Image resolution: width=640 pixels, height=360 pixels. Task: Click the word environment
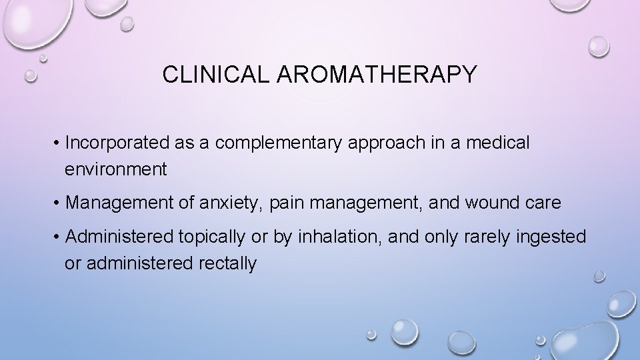pos(116,169)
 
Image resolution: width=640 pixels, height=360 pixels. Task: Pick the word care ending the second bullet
pos(547,203)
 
